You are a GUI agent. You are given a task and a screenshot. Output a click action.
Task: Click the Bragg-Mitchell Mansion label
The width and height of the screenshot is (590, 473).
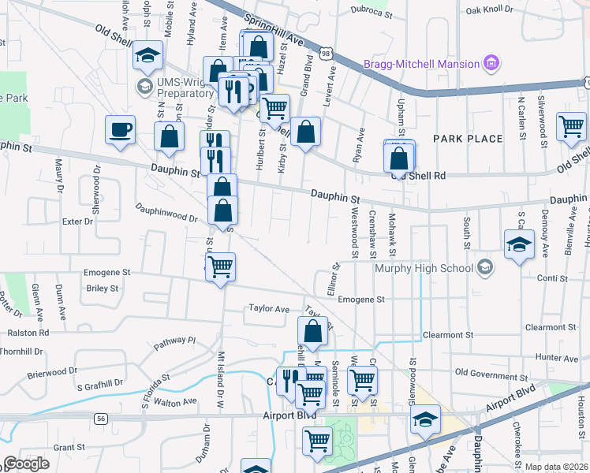tap(421, 64)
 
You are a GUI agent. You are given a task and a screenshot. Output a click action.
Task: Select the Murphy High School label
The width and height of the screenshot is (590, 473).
tap(423, 268)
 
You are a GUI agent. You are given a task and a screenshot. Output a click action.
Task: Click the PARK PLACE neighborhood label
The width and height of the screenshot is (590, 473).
tap(468, 139)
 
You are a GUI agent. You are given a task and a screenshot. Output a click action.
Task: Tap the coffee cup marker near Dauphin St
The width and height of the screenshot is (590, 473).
tap(120, 130)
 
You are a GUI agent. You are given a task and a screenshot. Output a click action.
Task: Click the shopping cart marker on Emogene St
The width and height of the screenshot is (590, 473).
tap(220, 267)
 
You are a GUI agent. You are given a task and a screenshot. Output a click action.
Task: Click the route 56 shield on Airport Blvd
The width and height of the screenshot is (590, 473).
tap(100, 419)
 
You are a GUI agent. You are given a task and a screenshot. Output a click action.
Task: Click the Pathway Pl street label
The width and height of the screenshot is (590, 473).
tap(174, 341)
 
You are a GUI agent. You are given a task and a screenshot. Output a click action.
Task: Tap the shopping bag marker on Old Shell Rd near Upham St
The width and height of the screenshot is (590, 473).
tap(400, 157)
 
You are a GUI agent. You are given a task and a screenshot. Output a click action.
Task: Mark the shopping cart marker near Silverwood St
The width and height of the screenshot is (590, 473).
tap(570, 127)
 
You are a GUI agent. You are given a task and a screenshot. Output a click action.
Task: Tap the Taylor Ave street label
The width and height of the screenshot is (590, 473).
tap(269, 308)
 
